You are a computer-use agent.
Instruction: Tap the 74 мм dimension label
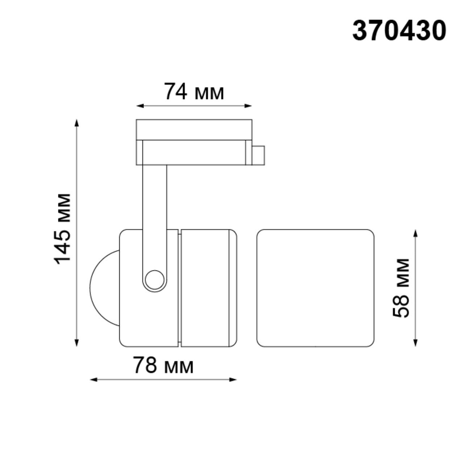194,92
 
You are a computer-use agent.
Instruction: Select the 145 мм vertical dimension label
63,228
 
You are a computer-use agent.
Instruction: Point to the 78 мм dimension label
163,366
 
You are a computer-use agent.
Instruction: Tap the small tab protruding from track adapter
258,155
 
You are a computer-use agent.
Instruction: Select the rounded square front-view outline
315,288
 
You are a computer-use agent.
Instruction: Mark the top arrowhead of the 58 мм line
416,232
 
